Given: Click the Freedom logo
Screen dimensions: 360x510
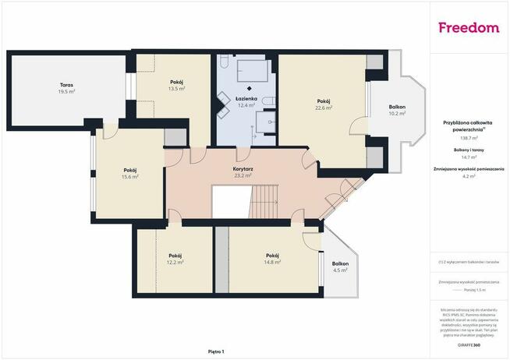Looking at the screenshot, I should coord(468,28).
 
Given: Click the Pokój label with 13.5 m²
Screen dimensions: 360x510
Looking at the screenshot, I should coord(177,82).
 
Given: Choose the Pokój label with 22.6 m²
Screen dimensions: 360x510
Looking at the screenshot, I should coord(324,101).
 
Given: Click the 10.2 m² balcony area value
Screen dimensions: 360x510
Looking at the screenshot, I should coord(398,114).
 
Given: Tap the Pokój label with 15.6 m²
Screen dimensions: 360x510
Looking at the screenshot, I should coord(130,170).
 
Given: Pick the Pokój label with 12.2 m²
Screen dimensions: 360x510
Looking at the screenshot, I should coord(175,255).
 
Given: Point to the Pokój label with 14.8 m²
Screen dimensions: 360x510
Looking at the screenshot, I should coord(272,255).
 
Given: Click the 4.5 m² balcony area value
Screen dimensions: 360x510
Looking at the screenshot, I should coord(340,270).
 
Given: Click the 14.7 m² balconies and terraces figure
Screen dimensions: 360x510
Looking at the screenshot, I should coord(469,156).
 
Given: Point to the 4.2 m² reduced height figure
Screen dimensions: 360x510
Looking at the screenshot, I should coord(469,176).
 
